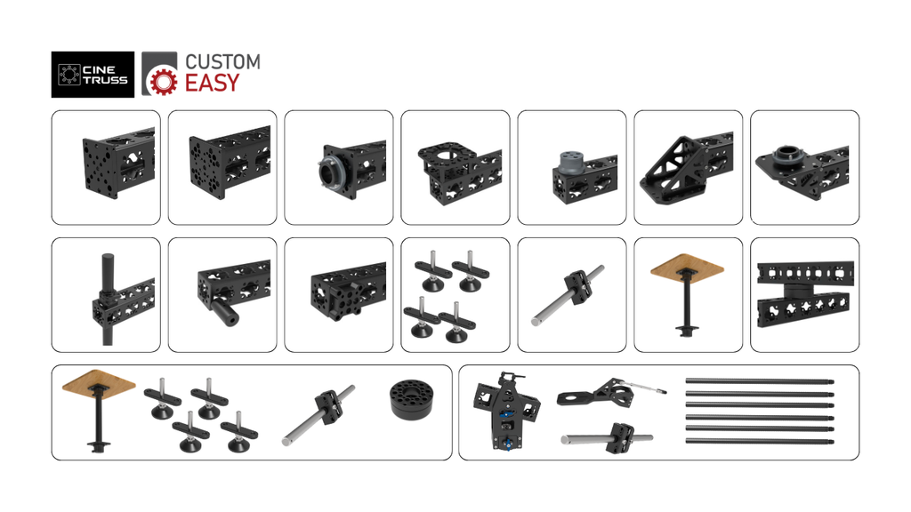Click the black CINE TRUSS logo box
tap(93, 75)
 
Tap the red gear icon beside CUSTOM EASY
tap(164, 81)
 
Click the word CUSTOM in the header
tap(222, 61)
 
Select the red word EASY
tap(212, 83)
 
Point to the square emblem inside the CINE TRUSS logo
tap(69, 75)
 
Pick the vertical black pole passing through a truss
tap(108, 299)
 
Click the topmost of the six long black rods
tap(760, 381)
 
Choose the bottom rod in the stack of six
tap(760, 442)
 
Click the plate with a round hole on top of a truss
tap(447, 153)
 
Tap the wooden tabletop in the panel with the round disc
tap(99, 381)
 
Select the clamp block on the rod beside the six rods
tap(619, 437)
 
